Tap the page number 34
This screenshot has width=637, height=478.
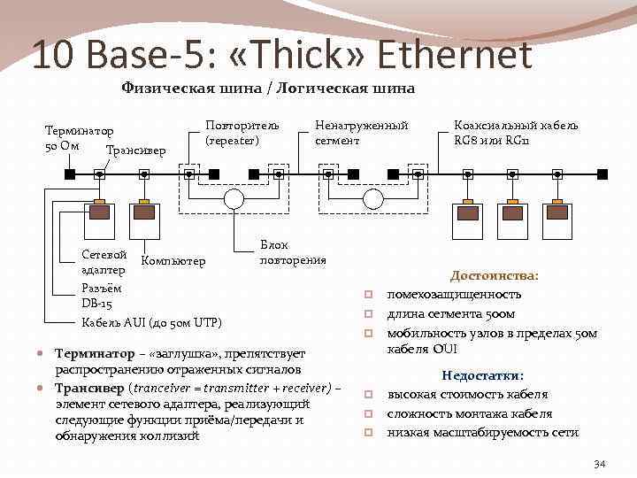click(599, 463)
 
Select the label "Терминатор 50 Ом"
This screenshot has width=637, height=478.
click(80, 137)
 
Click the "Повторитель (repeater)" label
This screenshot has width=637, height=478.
click(242, 133)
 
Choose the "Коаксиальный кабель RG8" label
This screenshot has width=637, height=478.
click(516, 133)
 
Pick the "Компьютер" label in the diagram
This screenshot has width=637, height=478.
click(173, 260)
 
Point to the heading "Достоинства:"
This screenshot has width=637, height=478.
click(495, 276)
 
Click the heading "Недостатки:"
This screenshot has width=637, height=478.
click(483, 375)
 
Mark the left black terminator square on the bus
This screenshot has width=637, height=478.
click(69, 174)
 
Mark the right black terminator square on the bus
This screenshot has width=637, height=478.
click(602, 174)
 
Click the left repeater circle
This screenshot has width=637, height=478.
click(234, 198)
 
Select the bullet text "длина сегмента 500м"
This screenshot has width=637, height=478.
click(451, 314)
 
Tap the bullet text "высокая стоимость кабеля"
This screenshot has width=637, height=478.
click(468, 395)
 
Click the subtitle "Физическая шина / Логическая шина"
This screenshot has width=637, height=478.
click(267, 88)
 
